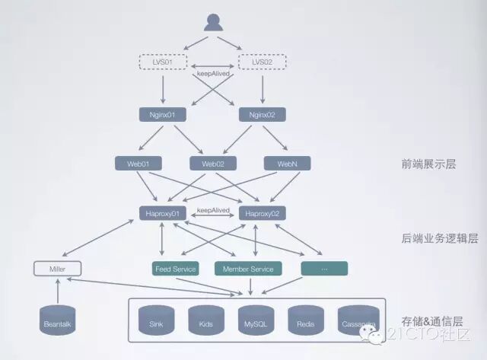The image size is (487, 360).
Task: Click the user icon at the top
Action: pyautogui.click(x=213, y=22)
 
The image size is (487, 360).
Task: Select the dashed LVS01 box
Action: pyautogui.click(x=162, y=61)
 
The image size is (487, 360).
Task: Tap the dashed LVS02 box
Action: pyautogui.click(x=262, y=61)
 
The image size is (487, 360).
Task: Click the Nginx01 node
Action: pyautogui.click(x=162, y=115)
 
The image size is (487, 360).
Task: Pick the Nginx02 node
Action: pyautogui.click(x=262, y=115)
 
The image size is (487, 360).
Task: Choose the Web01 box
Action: pyautogui.click(x=138, y=164)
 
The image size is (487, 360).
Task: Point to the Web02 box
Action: pyautogui.click(x=212, y=164)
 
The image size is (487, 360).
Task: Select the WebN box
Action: pyautogui.click(x=286, y=164)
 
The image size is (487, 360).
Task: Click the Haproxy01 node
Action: pyautogui.click(x=162, y=214)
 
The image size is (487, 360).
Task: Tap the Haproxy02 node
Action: pyautogui.click(x=262, y=214)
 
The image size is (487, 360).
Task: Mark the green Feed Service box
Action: pyautogui.click(x=176, y=269)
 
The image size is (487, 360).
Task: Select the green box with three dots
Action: pyautogui.click(x=324, y=269)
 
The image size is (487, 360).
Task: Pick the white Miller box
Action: pyautogui.click(x=58, y=269)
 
